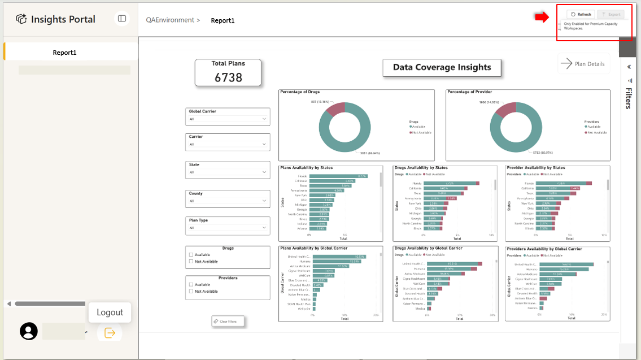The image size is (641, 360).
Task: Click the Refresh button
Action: [x=581, y=14]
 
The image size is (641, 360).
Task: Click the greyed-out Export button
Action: [x=611, y=14]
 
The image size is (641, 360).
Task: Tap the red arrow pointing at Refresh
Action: [x=542, y=18]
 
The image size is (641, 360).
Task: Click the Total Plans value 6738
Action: [x=228, y=77]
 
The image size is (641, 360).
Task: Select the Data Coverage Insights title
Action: [x=442, y=67]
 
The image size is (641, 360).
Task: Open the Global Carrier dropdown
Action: [x=228, y=119]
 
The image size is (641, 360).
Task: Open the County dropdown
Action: [x=228, y=201]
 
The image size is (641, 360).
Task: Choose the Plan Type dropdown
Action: [x=228, y=228]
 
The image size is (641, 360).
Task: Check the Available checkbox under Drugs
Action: [x=191, y=254]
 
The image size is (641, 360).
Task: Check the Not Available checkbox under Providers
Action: [x=191, y=291]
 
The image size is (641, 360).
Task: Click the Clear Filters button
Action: [x=228, y=322]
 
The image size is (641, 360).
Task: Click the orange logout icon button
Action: [x=110, y=333]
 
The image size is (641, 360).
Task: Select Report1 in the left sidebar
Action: [x=64, y=53]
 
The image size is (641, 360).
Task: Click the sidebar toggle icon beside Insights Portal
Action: [x=122, y=19]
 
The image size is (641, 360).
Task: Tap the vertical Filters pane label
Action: [x=628, y=97]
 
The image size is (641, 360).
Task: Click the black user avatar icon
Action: [x=29, y=331]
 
